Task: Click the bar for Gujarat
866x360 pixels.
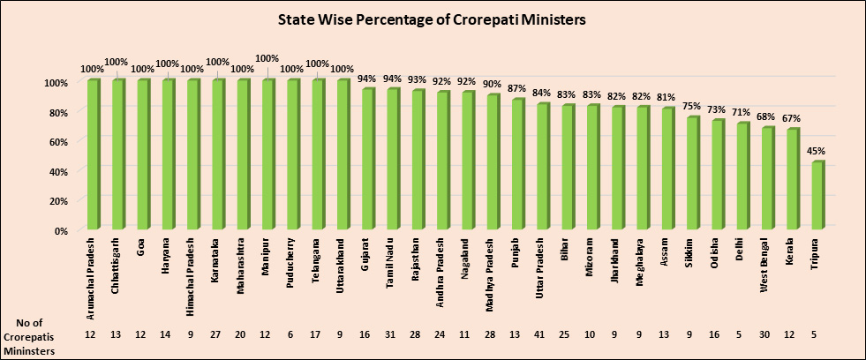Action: point(368,159)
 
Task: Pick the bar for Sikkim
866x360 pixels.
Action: point(693,173)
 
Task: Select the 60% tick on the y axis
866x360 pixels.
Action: point(56,141)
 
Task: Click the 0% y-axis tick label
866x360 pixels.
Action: point(58,231)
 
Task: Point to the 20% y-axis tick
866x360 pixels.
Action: point(56,201)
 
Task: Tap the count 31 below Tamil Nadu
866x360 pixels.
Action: point(391,336)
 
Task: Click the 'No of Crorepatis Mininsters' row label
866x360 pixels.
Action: point(32,336)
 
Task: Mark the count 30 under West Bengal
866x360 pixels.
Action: point(764,336)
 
